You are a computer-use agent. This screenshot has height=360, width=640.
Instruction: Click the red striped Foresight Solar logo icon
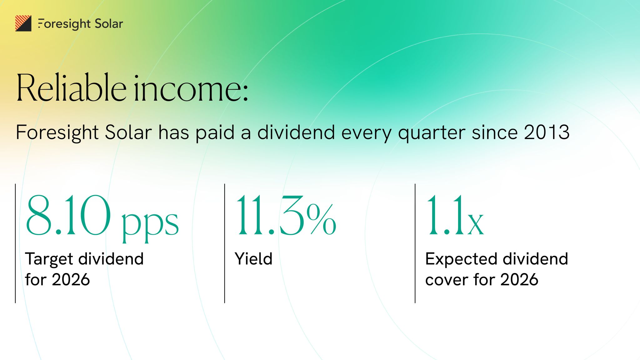point(23,23)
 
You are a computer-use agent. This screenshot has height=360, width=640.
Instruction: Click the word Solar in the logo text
point(109,24)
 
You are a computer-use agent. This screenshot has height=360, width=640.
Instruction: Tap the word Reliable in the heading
point(71,88)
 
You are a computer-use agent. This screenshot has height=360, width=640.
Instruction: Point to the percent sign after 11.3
point(321,219)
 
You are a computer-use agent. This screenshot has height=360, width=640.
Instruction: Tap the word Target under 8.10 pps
point(49,259)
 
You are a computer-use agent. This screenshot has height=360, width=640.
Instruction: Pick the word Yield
point(253,259)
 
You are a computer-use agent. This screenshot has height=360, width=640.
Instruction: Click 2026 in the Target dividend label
point(71,279)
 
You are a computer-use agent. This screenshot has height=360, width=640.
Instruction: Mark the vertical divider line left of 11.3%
point(225,243)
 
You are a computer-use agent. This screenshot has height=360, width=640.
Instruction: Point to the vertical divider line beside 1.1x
point(415,243)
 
